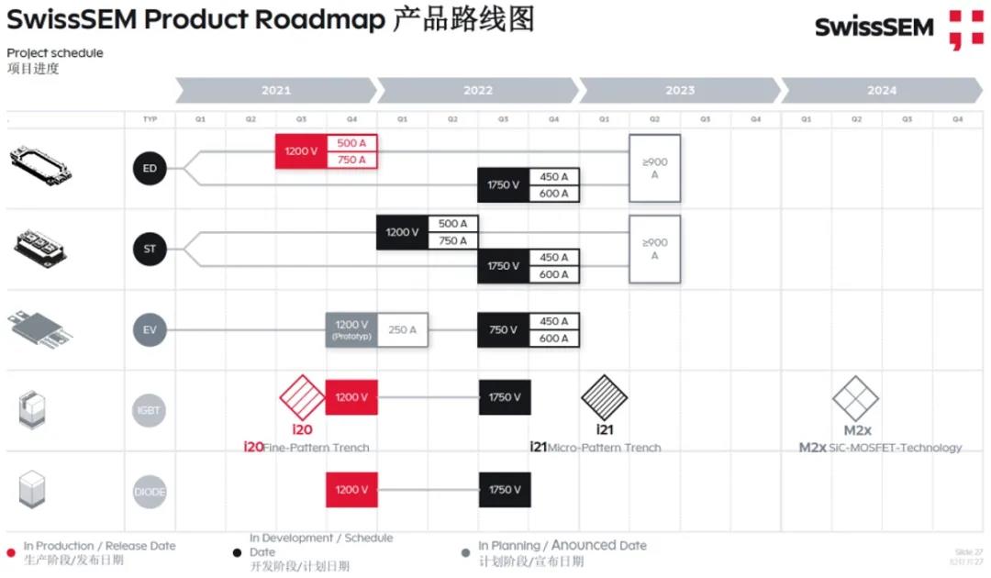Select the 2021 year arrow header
(275, 90)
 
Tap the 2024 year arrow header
(881, 90)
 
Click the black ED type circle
(150, 169)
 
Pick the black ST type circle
(150, 249)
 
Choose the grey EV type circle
(150, 329)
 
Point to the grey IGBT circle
(150, 410)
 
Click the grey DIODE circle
(150, 491)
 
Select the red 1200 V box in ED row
(301, 151)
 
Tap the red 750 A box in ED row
(351, 161)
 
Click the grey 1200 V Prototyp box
(351, 329)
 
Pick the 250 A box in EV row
(403, 329)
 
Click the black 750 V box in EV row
(503, 329)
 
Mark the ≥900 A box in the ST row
(654, 249)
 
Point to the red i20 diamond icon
(302, 397)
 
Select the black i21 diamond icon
(604, 397)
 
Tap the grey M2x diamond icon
(855, 398)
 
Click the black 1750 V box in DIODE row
(505, 490)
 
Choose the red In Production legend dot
(11, 552)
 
